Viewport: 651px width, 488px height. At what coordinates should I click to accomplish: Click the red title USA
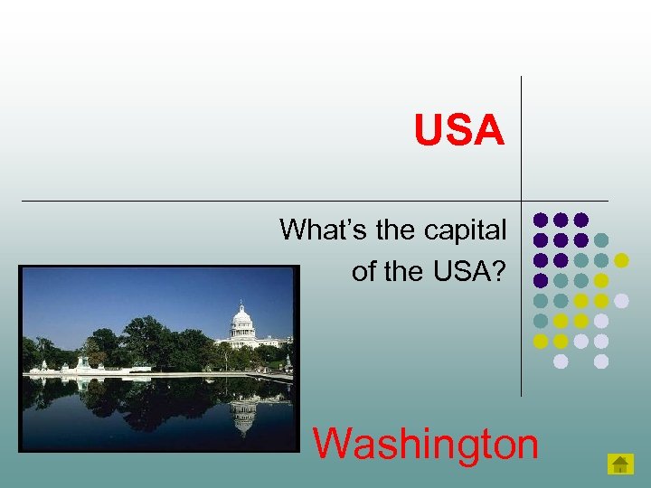click(458, 130)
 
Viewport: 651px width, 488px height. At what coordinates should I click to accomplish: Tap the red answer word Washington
click(425, 444)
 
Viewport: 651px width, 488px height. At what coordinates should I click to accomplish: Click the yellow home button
click(620, 465)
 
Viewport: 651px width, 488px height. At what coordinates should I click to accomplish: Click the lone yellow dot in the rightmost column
click(621, 260)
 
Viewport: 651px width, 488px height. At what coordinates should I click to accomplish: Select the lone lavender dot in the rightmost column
click(621, 301)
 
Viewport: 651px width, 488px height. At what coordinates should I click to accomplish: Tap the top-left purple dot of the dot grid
click(541, 220)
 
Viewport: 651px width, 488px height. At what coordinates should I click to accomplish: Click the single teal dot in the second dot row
click(601, 240)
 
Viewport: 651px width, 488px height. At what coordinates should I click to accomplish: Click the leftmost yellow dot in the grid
click(541, 342)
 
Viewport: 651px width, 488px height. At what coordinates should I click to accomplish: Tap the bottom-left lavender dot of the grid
click(561, 361)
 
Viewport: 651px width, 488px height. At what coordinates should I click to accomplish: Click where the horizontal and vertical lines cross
click(521, 200)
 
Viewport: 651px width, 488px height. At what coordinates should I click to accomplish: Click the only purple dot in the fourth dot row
click(541, 281)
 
